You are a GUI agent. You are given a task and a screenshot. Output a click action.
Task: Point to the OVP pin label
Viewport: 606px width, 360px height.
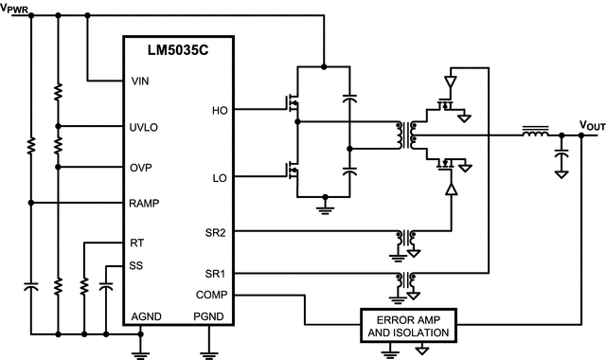141,167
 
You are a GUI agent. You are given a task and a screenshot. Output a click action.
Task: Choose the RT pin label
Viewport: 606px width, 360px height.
137,243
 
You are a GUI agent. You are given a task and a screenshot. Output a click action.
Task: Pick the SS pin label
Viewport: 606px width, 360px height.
137,266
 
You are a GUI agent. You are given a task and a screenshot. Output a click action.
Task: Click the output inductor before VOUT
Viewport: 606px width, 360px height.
535,135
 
